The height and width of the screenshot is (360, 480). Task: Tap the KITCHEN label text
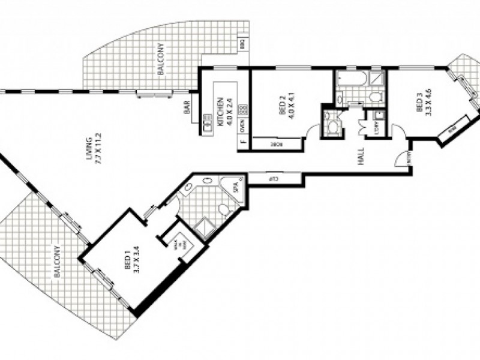tap(221, 111)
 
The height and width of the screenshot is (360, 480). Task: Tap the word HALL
tap(361, 157)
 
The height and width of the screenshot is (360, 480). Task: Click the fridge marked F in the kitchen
tap(242, 143)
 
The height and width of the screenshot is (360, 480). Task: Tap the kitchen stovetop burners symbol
tap(242, 110)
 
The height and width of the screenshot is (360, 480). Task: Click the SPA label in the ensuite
tap(235, 188)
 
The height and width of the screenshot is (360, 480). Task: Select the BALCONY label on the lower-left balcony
tap(58, 262)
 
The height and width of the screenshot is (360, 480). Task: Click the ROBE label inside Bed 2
tap(277, 144)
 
